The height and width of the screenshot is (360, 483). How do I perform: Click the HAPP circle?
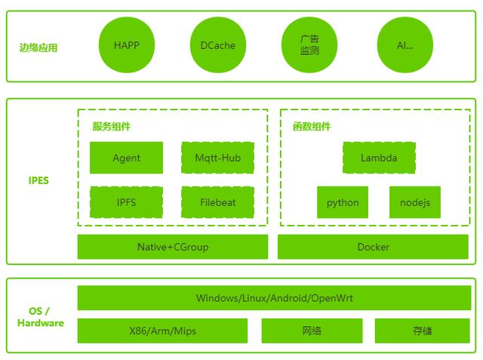(127, 45)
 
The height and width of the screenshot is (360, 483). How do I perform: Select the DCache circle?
(218, 45)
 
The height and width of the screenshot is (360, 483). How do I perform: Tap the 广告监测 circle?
(309, 45)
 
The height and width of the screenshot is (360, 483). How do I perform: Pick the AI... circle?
(405, 45)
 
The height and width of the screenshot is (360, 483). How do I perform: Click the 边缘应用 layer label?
(38, 48)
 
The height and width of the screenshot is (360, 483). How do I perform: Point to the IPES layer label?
(38, 180)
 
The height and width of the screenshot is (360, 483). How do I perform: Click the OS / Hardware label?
(40, 317)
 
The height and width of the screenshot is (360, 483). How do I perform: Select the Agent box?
(126, 158)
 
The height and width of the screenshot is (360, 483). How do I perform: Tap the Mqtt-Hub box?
(218, 158)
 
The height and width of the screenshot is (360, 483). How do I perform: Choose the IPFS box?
(126, 202)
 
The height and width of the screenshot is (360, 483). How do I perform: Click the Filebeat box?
(218, 202)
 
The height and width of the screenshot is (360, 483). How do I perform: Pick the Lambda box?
(379, 158)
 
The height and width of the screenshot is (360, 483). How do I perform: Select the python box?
(343, 202)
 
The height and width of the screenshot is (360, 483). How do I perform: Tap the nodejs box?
(415, 202)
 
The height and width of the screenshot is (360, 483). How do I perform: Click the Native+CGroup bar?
(173, 247)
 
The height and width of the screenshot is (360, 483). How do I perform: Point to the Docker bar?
(373, 247)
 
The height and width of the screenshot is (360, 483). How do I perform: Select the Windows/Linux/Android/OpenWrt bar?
(274, 298)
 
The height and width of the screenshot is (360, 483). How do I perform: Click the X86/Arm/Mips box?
(162, 331)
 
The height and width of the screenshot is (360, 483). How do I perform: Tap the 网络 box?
(312, 331)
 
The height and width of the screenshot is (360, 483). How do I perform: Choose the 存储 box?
(423, 331)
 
